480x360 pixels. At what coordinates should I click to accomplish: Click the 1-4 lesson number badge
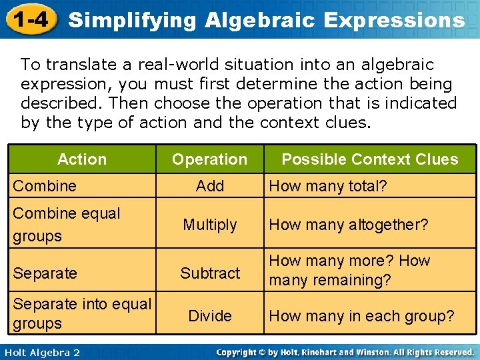click(x=29, y=19)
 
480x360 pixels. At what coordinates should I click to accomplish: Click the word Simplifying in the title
click(x=133, y=20)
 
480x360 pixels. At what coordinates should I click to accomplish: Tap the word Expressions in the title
click(x=393, y=20)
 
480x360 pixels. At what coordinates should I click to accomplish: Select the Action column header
click(x=82, y=159)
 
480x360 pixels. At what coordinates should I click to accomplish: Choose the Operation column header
click(x=209, y=159)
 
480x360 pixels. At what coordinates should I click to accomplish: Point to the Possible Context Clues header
click(x=369, y=159)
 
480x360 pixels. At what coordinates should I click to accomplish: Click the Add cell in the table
click(x=210, y=186)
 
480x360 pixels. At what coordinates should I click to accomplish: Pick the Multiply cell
click(x=210, y=225)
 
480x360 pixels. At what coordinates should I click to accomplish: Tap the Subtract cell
click(x=210, y=273)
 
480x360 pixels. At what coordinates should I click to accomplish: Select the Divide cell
click(x=210, y=315)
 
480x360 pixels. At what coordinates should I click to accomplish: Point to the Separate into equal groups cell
click(x=82, y=313)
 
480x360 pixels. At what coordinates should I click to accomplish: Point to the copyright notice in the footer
click(x=345, y=351)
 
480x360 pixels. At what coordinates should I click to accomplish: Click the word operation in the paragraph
click(x=272, y=103)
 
